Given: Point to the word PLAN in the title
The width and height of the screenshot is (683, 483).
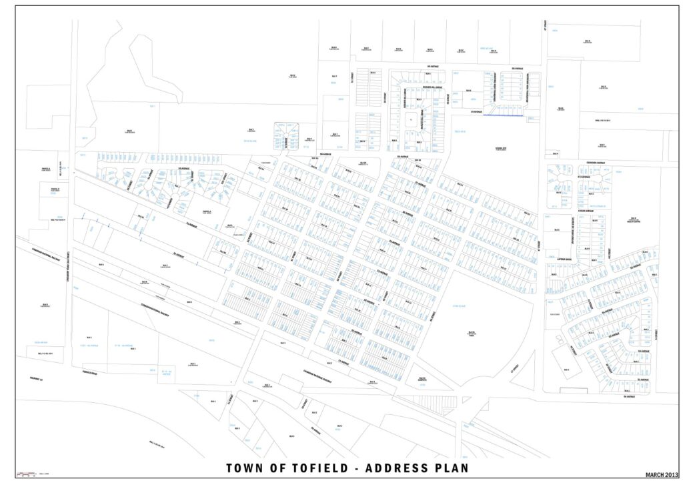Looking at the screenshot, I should click(454, 468).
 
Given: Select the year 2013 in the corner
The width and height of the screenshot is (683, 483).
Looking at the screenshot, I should click(670, 475).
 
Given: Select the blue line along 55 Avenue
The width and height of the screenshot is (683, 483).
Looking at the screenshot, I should click(503, 115).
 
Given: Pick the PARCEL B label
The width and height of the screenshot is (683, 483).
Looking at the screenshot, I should click(55, 189).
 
